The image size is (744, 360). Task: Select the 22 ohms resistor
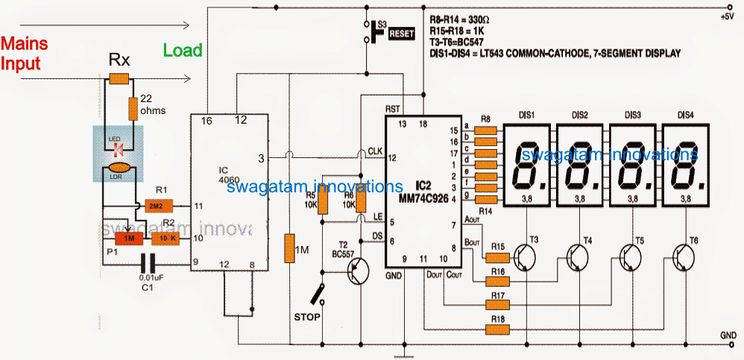click(133, 108)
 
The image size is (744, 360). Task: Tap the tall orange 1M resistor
click(289, 248)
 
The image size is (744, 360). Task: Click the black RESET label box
click(401, 34)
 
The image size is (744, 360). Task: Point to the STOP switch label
click(306, 318)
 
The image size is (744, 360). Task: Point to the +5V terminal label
click(726, 16)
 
